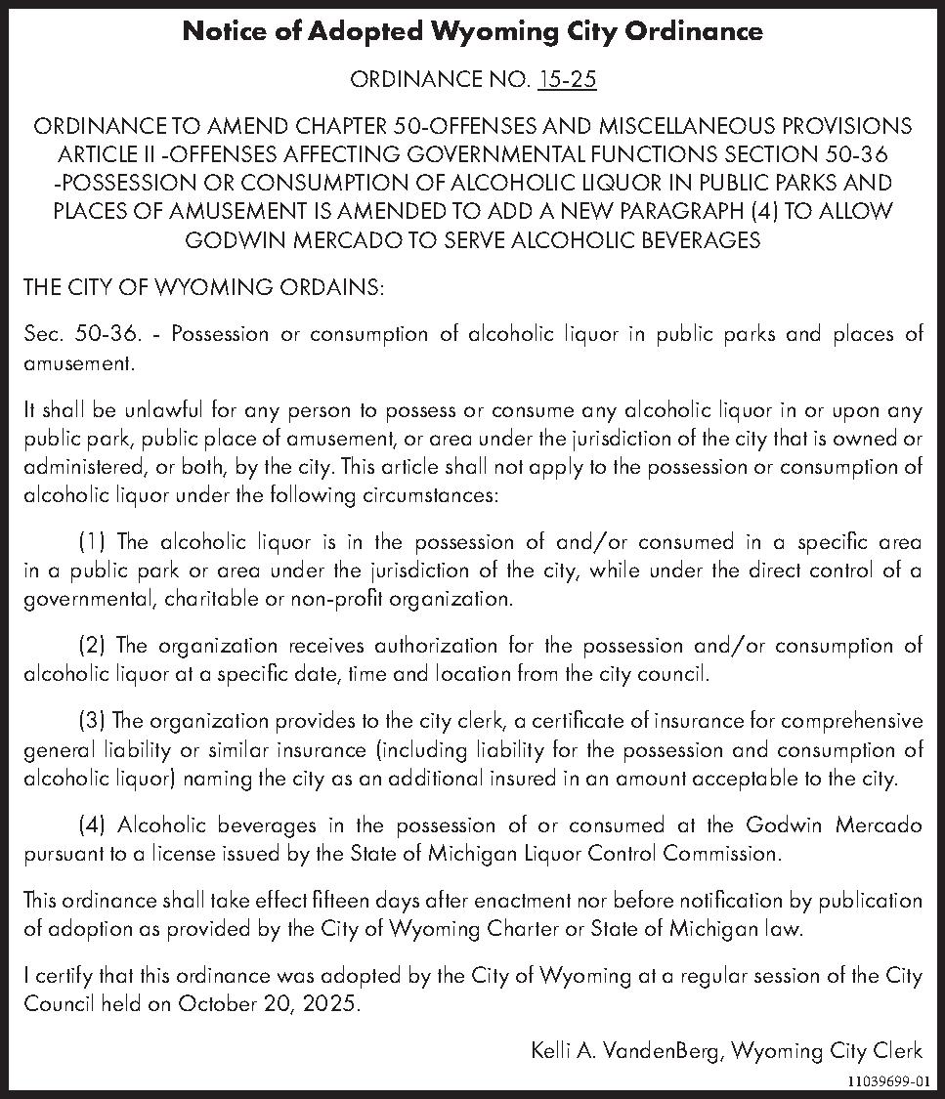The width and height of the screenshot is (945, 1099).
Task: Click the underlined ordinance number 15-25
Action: [x=567, y=80]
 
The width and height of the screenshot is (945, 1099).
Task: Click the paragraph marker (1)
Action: [x=95, y=542]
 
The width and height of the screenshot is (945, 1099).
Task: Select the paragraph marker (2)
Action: [x=95, y=646]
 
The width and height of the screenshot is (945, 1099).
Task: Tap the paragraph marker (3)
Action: [x=95, y=722]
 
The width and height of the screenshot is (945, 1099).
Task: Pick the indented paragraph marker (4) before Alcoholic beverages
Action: [x=95, y=825]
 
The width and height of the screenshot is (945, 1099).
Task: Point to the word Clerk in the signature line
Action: [x=898, y=1051]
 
